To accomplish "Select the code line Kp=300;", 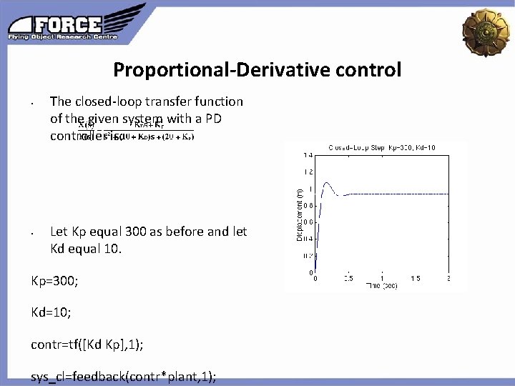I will coord(54,281).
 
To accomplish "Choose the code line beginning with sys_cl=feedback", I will coord(124,377).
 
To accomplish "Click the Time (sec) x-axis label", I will coord(382,285).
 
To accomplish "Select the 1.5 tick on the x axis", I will coord(415,278).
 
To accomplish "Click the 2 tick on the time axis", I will coord(448,278).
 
